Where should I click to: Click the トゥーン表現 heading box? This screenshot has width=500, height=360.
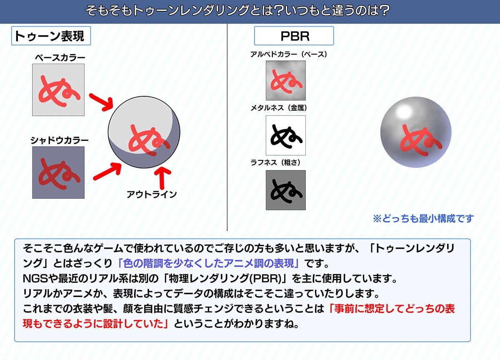(x=50, y=36)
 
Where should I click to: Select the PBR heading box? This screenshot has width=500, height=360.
(x=294, y=36)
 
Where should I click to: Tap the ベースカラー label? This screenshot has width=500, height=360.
(x=58, y=58)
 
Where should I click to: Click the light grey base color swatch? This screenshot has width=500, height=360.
(x=58, y=90)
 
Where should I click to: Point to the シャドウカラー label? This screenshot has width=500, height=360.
(x=59, y=140)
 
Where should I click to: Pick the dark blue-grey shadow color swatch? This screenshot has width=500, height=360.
(x=58, y=172)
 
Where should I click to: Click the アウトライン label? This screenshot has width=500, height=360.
(x=151, y=194)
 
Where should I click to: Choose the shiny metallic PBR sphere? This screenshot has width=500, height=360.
(x=415, y=132)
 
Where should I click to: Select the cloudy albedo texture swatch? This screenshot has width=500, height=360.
(x=285, y=80)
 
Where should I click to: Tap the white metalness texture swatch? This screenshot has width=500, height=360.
(x=285, y=135)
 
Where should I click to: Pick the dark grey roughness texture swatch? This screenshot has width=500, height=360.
(x=285, y=190)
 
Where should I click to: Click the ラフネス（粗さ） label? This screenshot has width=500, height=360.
(x=275, y=162)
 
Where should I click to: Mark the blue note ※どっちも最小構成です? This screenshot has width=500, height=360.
(x=423, y=218)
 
